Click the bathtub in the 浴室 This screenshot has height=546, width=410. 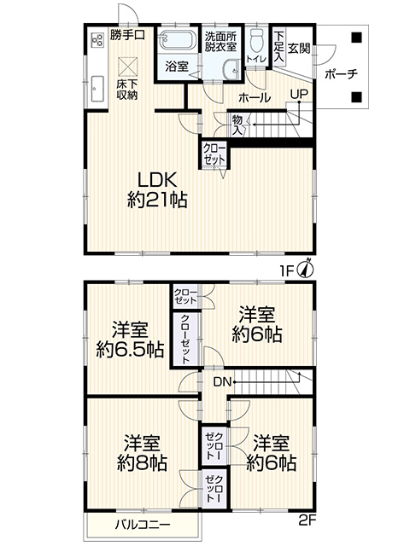pyautogui.click(x=178, y=40)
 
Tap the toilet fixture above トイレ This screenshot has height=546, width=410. pyautogui.click(x=257, y=41)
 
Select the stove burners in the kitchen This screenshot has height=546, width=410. pyautogui.click(x=97, y=40)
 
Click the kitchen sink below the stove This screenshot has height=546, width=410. pyautogui.click(x=97, y=89)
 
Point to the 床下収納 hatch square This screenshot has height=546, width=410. pyautogui.click(x=127, y=67)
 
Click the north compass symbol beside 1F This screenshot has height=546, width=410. pyautogui.click(x=307, y=268)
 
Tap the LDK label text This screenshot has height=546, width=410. pyautogui.click(x=157, y=180)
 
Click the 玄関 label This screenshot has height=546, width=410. pyautogui.click(x=298, y=48)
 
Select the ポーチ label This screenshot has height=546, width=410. pyautogui.click(x=341, y=74)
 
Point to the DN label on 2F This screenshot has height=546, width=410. pyautogui.click(x=222, y=382)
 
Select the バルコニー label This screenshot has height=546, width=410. pyautogui.click(x=143, y=525)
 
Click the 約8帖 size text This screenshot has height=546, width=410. pyautogui.click(x=142, y=462)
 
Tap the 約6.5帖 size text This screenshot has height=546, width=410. pyautogui.click(x=130, y=350)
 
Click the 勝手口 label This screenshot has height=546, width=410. pyautogui.click(x=127, y=35)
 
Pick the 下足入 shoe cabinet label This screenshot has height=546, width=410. pyautogui.click(x=278, y=47)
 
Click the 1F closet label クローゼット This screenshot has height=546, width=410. pyautogui.click(x=214, y=154)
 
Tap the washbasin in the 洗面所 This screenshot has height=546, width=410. pyautogui.click(x=231, y=69)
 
